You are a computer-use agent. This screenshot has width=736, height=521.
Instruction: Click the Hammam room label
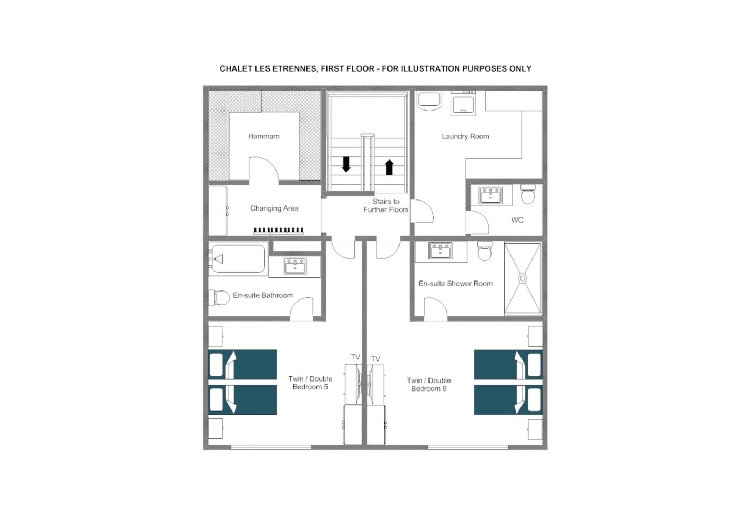[x=263, y=136]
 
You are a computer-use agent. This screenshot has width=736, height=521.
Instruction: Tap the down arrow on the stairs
[x=346, y=164]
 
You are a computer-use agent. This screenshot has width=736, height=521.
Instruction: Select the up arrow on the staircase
[x=390, y=167]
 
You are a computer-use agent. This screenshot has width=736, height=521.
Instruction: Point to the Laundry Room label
[x=465, y=136]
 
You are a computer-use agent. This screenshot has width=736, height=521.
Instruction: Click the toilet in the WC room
[x=528, y=194]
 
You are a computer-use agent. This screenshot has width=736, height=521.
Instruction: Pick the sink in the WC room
[x=490, y=195]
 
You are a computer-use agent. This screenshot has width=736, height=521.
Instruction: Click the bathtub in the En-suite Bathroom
[x=238, y=258]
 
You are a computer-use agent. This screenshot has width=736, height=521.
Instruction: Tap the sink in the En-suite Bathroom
[x=295, y=266]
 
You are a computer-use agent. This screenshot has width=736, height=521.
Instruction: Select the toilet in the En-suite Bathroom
[x=219, y=298]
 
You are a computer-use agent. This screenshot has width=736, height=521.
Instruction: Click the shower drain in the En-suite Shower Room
[x=523, y=278]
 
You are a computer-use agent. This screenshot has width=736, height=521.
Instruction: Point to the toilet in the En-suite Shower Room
[x=485, y=251]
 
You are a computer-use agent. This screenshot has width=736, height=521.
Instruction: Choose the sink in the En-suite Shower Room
[x=441, y=251]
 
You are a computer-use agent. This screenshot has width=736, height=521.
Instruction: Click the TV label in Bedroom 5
[x=355, y=357]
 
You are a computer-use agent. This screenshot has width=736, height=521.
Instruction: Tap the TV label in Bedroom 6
[x=375, y=358]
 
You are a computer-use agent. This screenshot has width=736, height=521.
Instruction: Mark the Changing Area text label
[x=274, y=208]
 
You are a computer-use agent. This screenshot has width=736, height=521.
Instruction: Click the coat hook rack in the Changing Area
[x=278, y=231]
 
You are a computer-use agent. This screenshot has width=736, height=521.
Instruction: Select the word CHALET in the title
[x=232, y=69]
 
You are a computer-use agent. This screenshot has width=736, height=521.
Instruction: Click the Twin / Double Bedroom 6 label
[x=429, y=385]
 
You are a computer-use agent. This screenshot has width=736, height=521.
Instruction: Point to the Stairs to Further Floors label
[x=386, y=206]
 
